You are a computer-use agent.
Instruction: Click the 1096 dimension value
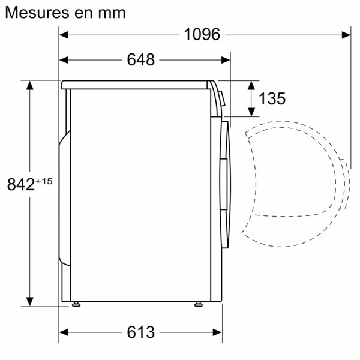pyautogui.click(x=202, y=34)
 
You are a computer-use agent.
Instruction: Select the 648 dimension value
pyautogui.click(x=141, y=59)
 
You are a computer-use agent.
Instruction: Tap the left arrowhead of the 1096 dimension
pyautogui.click(x=64, y=35)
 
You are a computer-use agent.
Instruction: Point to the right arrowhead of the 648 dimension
pyautogui.click(x=226, y=59)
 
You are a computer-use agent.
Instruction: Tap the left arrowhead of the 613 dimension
pyautogui.click(x=64, y=332)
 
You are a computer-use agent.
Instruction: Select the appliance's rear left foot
pyautogui.click(x=76, y=304)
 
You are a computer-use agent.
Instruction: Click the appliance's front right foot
pyautogui.click(x=198, y=304)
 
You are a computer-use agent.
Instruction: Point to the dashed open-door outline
pyautogui.click(x=300, y=180)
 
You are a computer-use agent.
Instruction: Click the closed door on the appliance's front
pyautogui.click(x=224, y=180)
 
